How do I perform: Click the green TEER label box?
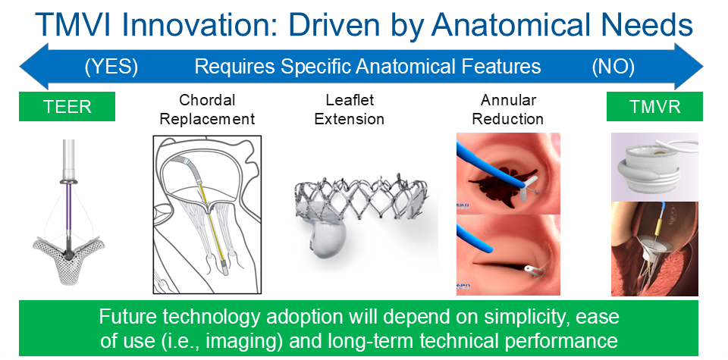67,106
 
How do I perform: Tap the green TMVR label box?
654,106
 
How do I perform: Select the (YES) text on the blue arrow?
111,67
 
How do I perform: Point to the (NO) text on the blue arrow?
613,67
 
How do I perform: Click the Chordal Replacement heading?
207,109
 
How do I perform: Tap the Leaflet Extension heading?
349,109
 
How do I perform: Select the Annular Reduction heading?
508,109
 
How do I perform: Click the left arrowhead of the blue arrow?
33,67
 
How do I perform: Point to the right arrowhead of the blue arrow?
689,67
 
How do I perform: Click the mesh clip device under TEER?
69,260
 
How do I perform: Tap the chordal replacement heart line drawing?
207,214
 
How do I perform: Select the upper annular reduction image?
508,174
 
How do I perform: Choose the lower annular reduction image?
508,255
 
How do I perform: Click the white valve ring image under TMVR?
654,167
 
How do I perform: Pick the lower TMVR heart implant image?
654,249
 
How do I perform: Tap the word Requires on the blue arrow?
234,67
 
